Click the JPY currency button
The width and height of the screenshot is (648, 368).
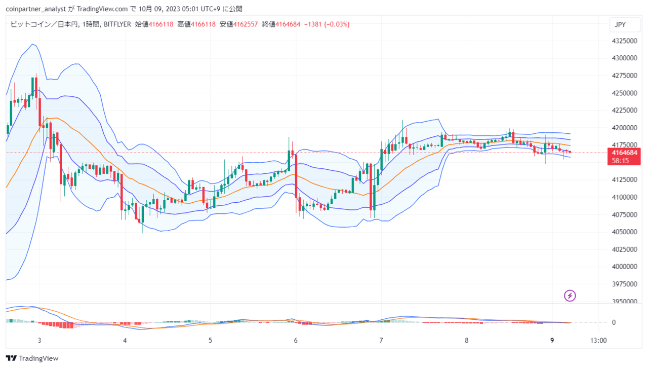click(x=625, y=25)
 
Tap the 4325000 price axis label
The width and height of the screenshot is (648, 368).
click(x=624, y=41)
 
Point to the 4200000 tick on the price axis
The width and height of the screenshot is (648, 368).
click(x=624, y=128)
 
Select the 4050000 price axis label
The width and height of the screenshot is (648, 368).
click(x=624, y=232)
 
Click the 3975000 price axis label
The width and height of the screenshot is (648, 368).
click(x=624, y=284)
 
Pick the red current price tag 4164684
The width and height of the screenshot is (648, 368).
click(x=624, y=157)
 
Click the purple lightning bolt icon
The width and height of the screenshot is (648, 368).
click(x=570, y=296)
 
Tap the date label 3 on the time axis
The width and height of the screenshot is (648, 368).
click(x=39, y=341)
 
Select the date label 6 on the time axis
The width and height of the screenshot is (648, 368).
click(x=296, y=341)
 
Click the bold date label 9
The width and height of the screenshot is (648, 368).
click(x=552, y=341)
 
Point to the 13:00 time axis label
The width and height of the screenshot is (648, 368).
click(x=598, y=341)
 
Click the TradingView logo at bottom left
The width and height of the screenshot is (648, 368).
click(x=32, y=358)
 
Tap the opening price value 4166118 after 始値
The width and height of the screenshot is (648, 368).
click(x=161, y=24)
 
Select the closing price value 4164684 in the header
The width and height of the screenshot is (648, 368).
click(x=288, y=24)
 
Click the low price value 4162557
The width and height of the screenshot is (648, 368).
click(x=246, y=24)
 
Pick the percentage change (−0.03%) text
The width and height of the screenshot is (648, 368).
click(x=337, y=24)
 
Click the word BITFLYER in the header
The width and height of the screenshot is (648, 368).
click(x=117, y=24)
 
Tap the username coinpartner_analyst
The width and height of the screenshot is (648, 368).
click(x=36, y=9)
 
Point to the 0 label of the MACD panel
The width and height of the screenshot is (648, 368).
click(x=614, y=322)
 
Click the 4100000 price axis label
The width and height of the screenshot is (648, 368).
click(x=624, y=197)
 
